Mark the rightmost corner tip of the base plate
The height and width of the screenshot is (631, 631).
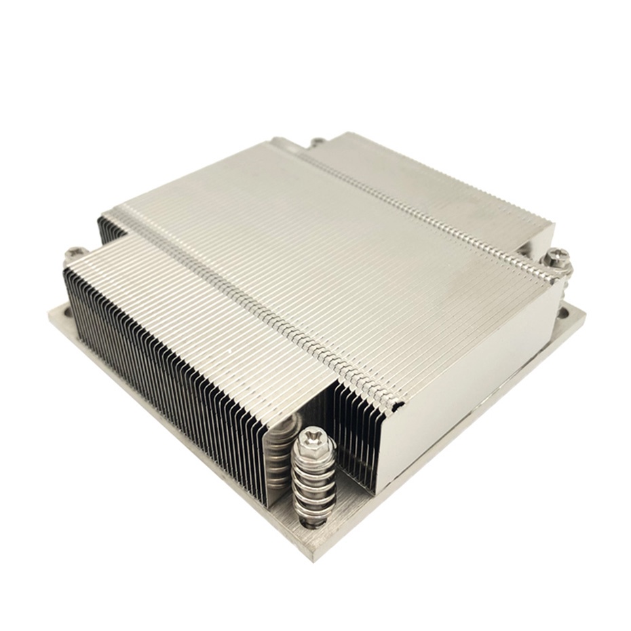click(x=585, y=313)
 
